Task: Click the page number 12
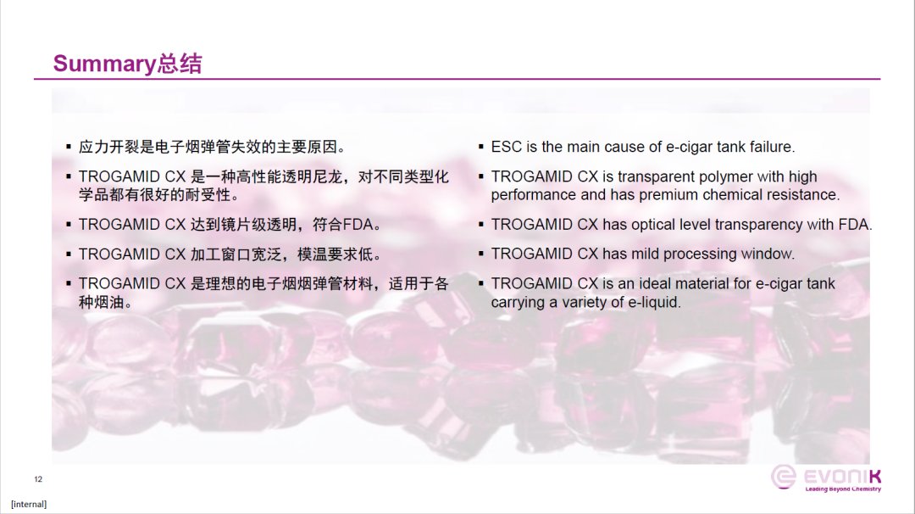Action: point(38,479)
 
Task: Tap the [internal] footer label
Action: point(29,504)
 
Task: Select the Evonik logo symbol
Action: point(783,477)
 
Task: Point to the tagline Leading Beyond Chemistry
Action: point(843,489)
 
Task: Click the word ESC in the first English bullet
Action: point(506,147)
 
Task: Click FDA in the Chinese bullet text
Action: point(358,225)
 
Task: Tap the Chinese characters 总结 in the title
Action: point(179,64)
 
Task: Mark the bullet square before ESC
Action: point(481,146)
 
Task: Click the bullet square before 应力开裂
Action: point(69,146)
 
